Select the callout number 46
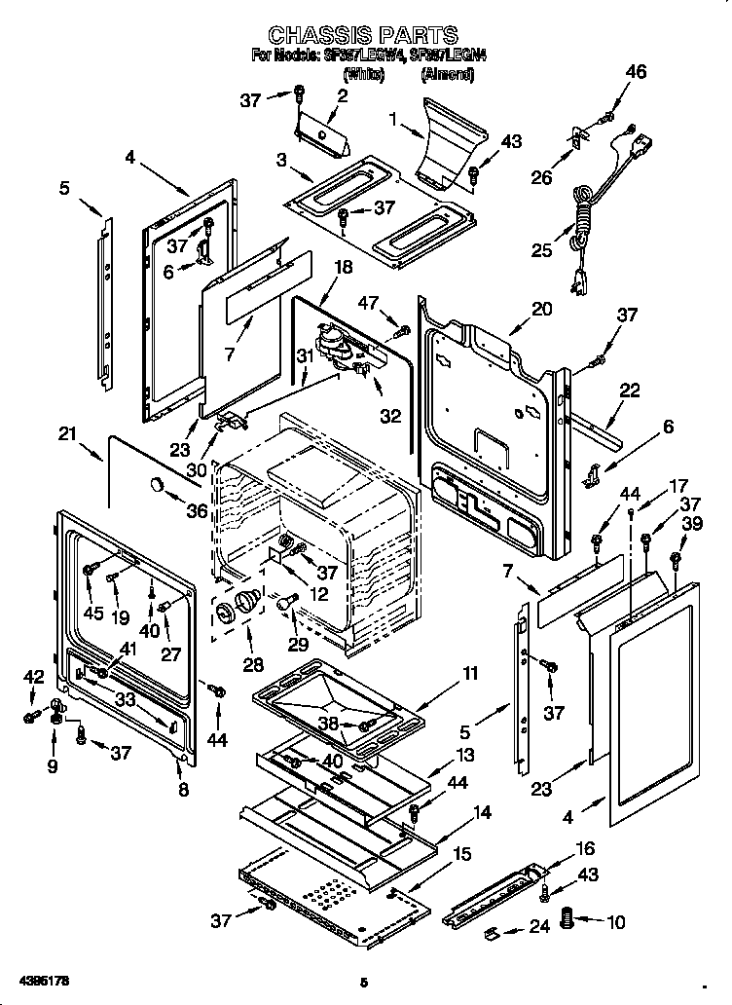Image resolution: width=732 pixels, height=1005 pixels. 636,72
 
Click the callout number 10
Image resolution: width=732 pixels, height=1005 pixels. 615,922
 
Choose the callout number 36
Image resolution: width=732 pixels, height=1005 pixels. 198,509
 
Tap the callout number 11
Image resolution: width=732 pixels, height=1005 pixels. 470,674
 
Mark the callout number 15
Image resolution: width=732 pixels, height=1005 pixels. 461,854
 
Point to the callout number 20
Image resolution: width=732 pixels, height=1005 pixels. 541,309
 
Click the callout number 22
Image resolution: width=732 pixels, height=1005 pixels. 630,391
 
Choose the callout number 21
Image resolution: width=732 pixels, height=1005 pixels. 66,434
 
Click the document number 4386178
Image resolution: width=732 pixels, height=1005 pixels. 42,978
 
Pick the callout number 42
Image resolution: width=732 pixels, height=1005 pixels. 34,676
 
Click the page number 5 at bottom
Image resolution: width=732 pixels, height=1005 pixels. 363,982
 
